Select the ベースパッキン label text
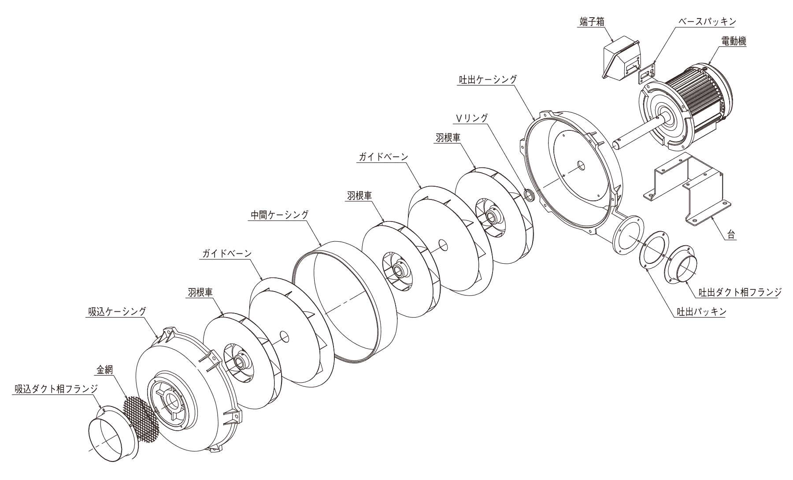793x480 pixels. pyautogui.click(x=705, y=22)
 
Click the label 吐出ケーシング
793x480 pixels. pyautogui.click(x=487, y=80)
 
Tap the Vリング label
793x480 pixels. pyautogui.click(x=471, y=118)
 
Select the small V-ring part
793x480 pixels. pyautogui.click(x=529, y=195)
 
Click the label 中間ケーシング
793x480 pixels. pyautogui.click(x=279, y=214)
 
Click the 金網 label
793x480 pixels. pyautogui.click(x=105, y=370)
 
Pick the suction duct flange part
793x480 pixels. pyautogui.click(x=114, y=434)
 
